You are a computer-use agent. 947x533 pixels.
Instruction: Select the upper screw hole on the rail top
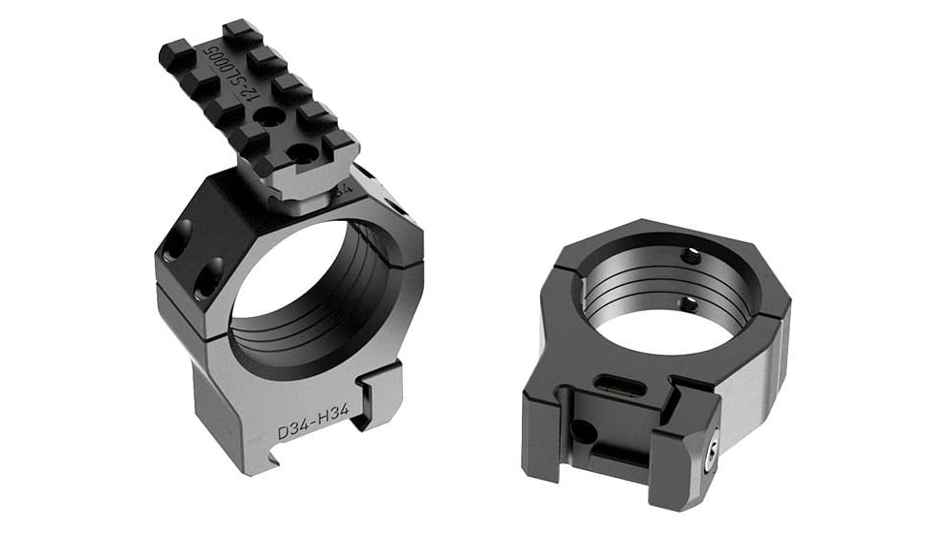point(268,116)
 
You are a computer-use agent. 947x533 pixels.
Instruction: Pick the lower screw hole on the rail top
point(303,153)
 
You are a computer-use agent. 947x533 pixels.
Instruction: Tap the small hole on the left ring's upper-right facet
point(398,205)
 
